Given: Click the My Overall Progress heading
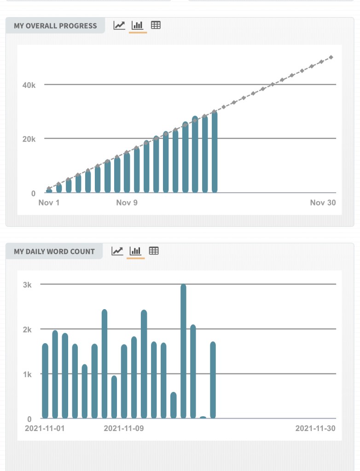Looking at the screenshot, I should (x=55, y=26).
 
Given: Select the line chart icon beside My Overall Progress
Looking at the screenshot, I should (x=119, y=25).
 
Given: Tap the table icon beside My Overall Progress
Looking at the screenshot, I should (x=156, y=25).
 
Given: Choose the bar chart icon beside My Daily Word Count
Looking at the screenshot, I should (x=135, y=251).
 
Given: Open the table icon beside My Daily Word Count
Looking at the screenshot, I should (x=154, y=251).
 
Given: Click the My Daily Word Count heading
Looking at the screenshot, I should (x=54, y=252).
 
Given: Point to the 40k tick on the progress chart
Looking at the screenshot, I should (x=29, y=85).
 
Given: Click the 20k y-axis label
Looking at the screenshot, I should (x=29, y=139).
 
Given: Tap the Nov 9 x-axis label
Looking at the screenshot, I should (x=127, y=203).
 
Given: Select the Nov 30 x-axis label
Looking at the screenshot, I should (x=323, y=203).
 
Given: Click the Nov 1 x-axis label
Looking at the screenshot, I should (x=49, y=203).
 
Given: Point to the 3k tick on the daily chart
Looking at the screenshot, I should (x=27, y=285).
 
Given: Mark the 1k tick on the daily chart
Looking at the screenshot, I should (x=27, y=374).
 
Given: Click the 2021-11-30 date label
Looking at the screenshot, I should (x=315, y=429).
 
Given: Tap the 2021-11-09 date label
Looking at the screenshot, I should (x=124, y=429).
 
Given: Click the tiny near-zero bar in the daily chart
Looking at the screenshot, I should (x=203, y=417).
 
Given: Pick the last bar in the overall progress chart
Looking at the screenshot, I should (x=215, y=152).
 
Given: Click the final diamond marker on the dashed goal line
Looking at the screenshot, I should (x=331, y=57).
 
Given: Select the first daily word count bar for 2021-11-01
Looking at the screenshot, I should (x=45, y=380).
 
